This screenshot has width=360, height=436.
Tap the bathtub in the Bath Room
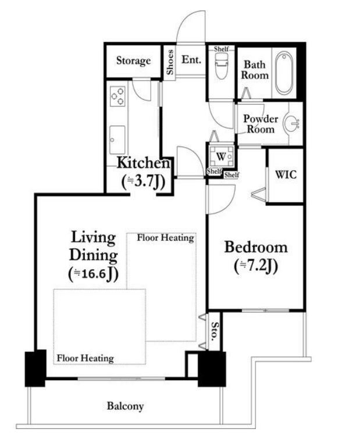click(x=284, y=73)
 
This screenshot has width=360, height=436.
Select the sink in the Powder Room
click(x=291, y=123)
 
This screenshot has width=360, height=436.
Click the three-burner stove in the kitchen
click(x=117, y=96)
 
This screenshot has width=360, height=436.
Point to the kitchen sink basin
click(x=117, y=140)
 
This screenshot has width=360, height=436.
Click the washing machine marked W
click(x=222, y=156)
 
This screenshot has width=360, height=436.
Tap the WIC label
click(x=286, y=174)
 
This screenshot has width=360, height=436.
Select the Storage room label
click(x=133, y=61)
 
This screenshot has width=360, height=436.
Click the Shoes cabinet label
click(x=170, y=62)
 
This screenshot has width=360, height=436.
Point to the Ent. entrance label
click(x=191, y=59)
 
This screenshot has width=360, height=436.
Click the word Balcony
click(x=125, y=406)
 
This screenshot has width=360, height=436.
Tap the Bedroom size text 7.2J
click(x=256, y=266)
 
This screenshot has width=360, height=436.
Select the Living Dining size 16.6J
click(x=94, y=274)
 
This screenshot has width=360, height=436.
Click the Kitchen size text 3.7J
click(x=143, y=181)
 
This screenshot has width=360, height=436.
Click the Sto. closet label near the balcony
click(x=214, y=331)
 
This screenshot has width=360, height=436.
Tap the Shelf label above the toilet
click(x=222, y=49)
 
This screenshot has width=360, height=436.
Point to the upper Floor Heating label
click(x=166, y=238)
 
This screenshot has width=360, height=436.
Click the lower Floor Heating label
click(x=85, y=358)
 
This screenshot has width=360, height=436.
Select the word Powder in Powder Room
click(x=261, y=119)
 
